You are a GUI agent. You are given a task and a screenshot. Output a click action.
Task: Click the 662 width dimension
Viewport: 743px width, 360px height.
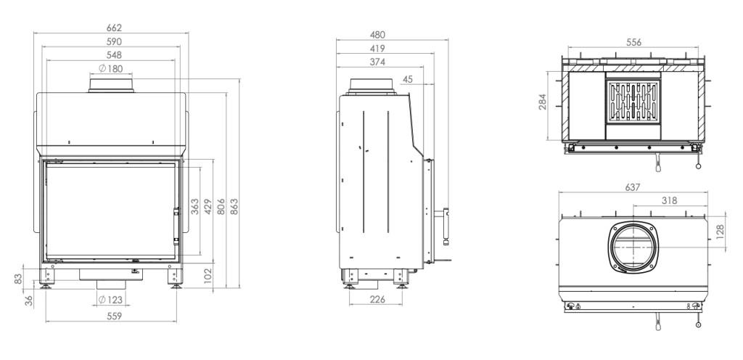coord(114,28)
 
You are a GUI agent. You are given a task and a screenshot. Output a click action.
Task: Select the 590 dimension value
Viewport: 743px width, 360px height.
coord(114,41)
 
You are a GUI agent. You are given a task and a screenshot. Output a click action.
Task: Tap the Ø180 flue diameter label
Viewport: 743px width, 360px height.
coord(111,69)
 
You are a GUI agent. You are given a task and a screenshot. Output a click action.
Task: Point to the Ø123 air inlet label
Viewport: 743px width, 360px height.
coord(111,300)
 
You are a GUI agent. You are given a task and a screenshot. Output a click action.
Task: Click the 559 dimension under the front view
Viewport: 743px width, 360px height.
coord(114,316)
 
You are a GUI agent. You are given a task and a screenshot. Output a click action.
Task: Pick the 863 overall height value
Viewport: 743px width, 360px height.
coord(234,207)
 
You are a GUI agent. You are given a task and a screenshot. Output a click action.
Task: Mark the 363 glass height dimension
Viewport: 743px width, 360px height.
coord(194,207)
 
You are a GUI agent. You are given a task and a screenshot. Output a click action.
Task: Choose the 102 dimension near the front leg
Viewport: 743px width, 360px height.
coord(208,276)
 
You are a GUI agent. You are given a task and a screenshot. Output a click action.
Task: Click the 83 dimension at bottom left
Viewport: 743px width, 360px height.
coord(18,279)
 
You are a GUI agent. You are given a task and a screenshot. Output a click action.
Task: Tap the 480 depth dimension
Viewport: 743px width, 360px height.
coord(377,35)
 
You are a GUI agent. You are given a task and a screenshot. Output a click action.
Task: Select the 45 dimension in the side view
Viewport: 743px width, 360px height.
coord(408,80)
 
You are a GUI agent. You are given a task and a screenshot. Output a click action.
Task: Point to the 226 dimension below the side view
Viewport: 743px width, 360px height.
coord(377,299)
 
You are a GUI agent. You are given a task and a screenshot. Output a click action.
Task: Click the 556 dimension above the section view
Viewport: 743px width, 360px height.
coord(633,42)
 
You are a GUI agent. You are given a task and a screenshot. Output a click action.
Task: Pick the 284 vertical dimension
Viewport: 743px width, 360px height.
coord(543,102)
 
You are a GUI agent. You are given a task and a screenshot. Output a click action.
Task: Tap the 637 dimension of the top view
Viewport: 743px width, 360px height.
coord(633,187)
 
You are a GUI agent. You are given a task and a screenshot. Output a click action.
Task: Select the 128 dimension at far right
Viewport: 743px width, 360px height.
coord(721,232)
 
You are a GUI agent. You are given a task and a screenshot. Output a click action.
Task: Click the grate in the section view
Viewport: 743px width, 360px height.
coord(633,102)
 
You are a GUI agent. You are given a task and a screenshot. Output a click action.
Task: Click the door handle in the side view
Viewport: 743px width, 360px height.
coord(446,226)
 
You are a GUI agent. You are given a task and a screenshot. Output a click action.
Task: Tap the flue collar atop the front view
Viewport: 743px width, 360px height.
coord(111,86)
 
